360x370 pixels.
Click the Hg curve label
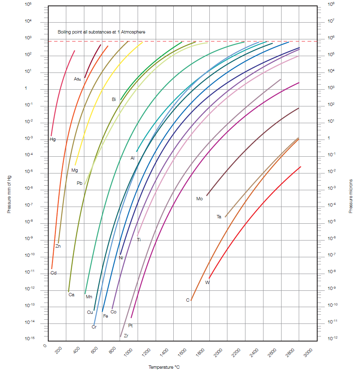(x=52, y=139)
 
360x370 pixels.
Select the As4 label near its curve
(x=78, y=79)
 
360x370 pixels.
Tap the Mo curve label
(x=199, y=199)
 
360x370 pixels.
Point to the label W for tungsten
(x=207, y=282)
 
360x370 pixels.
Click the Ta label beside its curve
(x=219, y=217)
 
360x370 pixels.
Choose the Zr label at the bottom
(x=126, y=336)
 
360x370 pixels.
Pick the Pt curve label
(x=130, y=325)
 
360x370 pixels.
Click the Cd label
(x=53, y=273)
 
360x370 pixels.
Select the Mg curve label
(x=75, y=170)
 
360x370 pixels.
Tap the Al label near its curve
(x=133, y=158)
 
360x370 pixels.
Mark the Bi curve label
(x=114, y=99)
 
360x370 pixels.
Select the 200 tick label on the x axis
(x=58, y=350)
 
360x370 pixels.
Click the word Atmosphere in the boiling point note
(x=133, y=32)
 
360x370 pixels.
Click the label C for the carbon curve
(x=188, y=300)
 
